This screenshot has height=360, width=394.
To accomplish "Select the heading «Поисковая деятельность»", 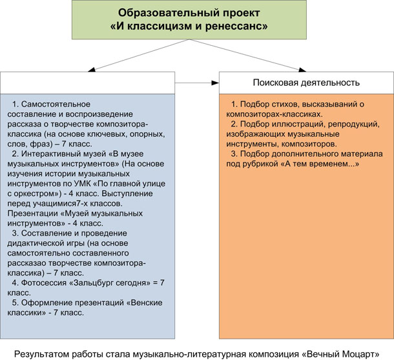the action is coord(306,83).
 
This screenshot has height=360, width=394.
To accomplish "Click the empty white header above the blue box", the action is coord(87,83).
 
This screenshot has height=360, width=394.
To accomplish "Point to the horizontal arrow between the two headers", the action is coord(197,83).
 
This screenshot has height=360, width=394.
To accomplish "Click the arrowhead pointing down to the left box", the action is coord(92,70).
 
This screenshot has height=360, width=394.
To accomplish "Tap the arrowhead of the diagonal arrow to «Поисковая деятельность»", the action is coord(302,70).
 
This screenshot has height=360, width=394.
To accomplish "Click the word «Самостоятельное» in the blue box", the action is coord(56,104).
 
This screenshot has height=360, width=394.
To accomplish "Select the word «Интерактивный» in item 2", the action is coord(51,154).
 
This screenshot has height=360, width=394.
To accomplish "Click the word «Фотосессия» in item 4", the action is coord(44,283).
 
